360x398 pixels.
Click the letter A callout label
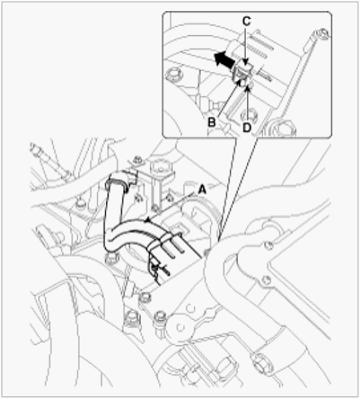tap(202, 190)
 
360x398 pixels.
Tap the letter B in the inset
tap(212, 123)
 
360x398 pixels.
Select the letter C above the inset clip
tap(247, 22)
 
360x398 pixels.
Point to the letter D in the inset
tap(247, 127)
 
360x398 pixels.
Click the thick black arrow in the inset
tap(224, 59)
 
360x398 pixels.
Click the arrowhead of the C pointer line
tap(246, 62)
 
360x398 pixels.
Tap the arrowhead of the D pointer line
tap(247, 87)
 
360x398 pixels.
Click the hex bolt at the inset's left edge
tap(174, 74)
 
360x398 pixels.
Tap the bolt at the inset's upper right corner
tap(324, 35)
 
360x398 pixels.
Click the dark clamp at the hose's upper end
tap(117, 184)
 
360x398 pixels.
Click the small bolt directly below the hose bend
tap(111, 258)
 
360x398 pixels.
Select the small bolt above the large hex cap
tap(137, 160)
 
